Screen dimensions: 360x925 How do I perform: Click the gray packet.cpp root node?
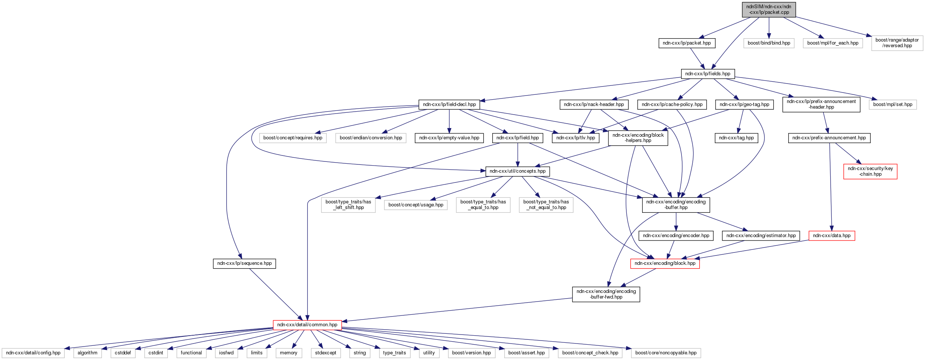pyautogui.click(x=769, y=10)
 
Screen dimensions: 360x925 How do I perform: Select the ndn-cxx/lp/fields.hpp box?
pyautogui.click(x=707, y=74)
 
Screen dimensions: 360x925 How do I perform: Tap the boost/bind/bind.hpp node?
pyautogui.click(x=769, y=43)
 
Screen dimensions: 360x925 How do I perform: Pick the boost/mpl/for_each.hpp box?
pyautogui.click(x=832, y=43)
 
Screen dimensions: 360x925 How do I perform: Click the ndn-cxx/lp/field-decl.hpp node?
pyautogui.click(x=449, y=105)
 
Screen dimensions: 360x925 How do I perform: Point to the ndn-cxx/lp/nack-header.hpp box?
pyautogui.click(x=594, y=105)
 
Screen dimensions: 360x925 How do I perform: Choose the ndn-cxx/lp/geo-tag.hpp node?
pyautogui.click(x=744, y=105)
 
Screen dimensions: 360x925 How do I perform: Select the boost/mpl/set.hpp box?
pyautogui.click(x=892, y=105)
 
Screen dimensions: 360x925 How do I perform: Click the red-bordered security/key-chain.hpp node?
pyautogui.click(x=870, y=171)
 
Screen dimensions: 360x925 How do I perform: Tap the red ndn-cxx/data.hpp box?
pyautogui.click(x=832, y=236)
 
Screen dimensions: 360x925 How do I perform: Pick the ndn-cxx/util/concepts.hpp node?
pyautogui.click(x=517, y=171)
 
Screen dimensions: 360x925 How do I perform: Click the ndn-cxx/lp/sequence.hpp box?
pyautogui.click(x=244, y=263)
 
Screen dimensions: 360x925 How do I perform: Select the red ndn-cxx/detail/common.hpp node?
pyautogui.click(x=307, y=325)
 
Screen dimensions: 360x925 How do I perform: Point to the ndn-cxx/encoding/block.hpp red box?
pyautogui.click(x=665, y=263)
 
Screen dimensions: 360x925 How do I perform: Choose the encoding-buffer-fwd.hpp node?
pyautogui.click(x=606, y=294)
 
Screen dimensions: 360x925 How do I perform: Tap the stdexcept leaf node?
pyautogui.click(x=325, y=353)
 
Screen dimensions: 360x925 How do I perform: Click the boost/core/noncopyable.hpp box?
pyautogui.click(x=666, y=353)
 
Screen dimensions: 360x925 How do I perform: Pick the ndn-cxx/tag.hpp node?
pyautogui.click(x=736, y=138)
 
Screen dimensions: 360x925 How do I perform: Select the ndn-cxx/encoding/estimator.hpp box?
pyautogui.click(x=761, y=236)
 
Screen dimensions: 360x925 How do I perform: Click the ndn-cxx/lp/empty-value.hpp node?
pyautogui.click(x=449, y=138)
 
